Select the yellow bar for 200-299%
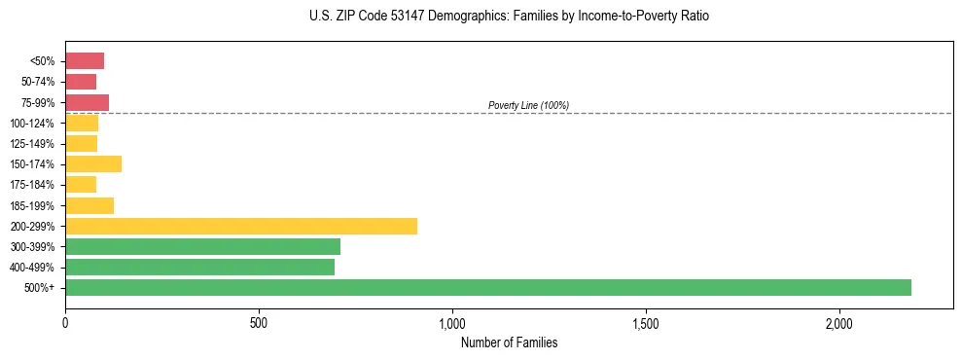[x=241, y=226]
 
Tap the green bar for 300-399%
[x=202, y=246]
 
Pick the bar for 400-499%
[x=199, y=267]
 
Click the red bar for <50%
[x=85, y=61]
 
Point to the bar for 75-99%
[x=87, y=102]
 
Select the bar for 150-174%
[x=93, y=163]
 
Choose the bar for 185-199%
[x=89, y=205]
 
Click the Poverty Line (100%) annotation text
[x=528, y=105]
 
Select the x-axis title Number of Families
[x=509, y=342]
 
